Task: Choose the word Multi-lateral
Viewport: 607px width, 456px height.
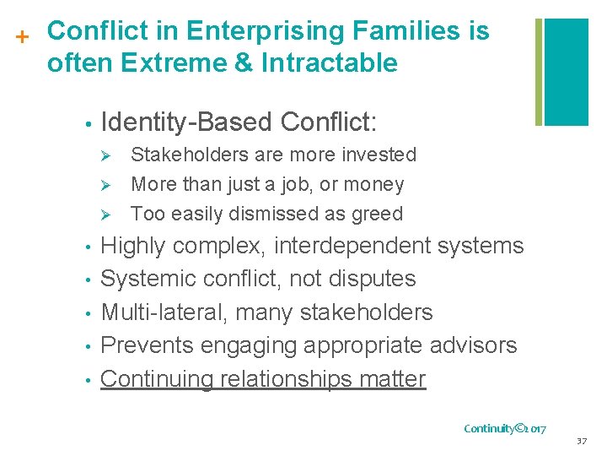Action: (x=164, y=312)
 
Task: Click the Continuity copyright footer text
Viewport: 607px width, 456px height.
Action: (x=505, y=428)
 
